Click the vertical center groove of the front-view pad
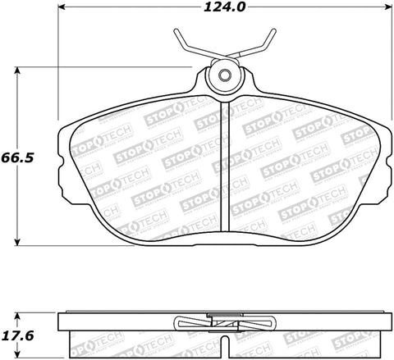(224, 164)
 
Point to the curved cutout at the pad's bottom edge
(223, 235)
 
